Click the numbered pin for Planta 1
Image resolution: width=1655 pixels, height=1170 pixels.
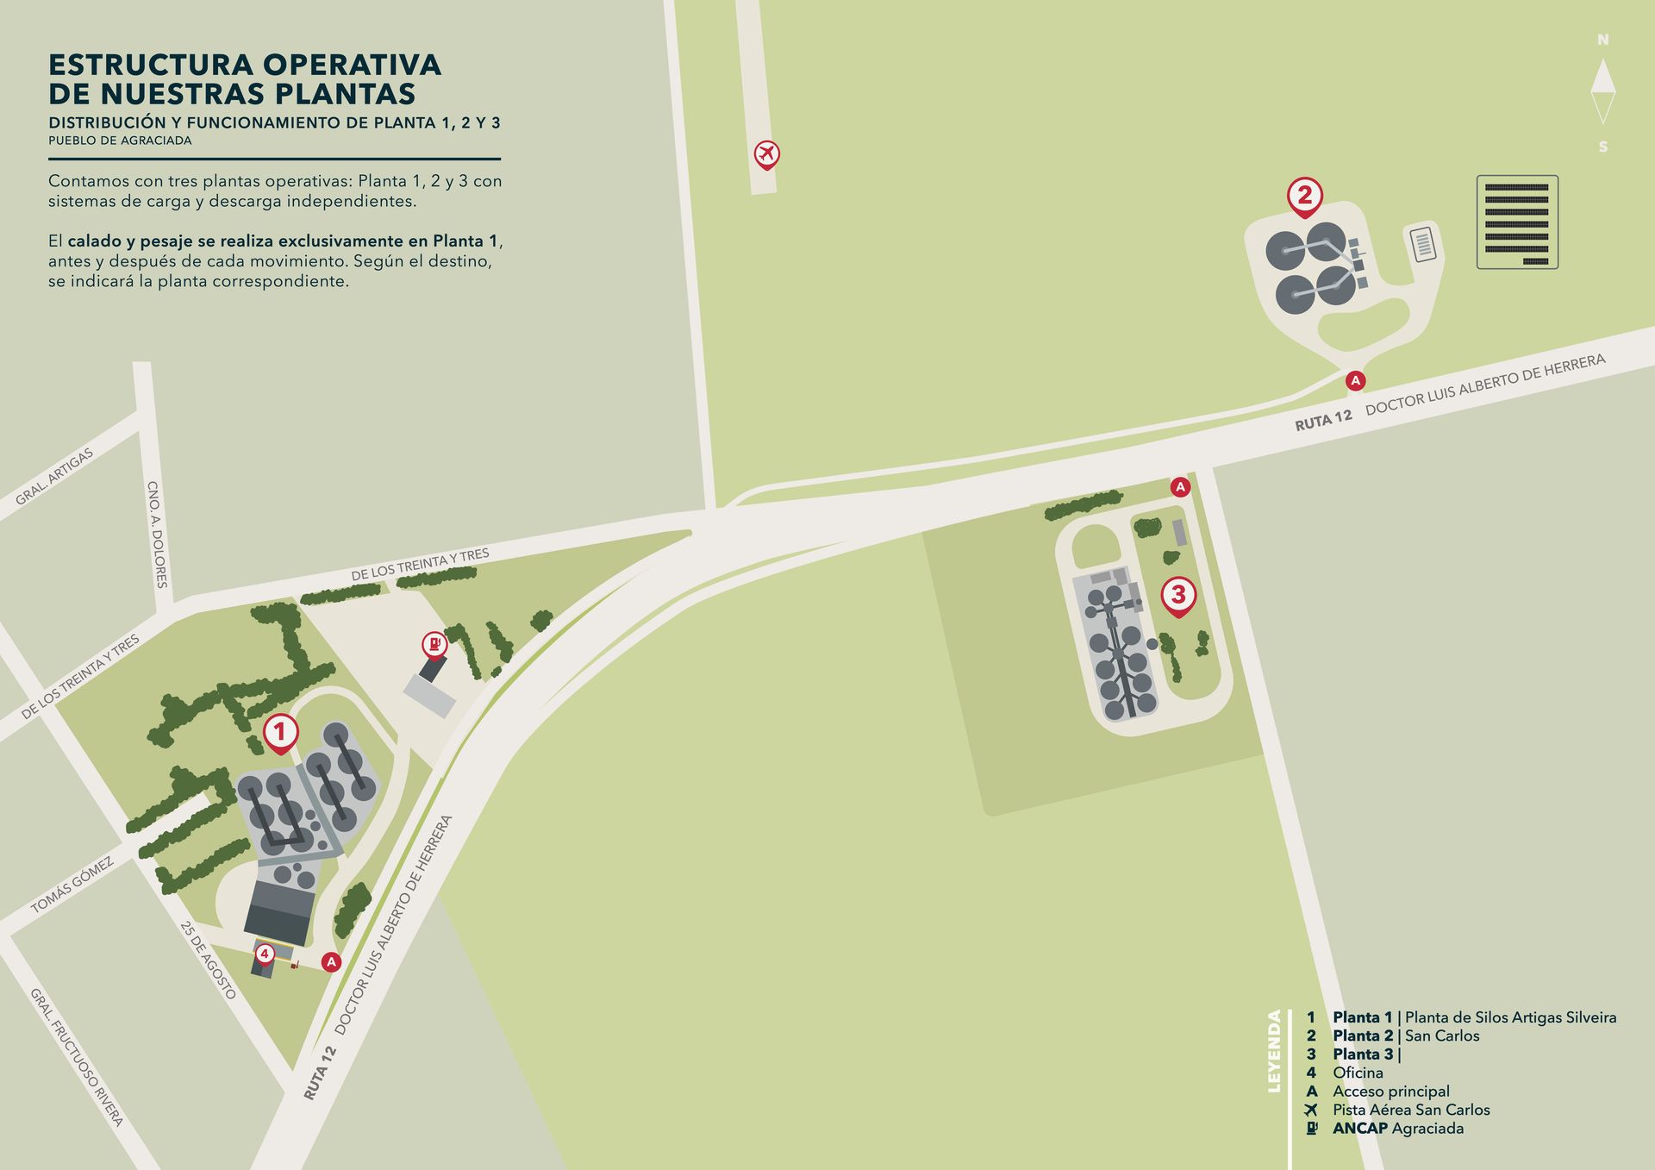pyautogui.click(x=279, y=733)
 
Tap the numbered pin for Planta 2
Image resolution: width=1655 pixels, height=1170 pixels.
pyautogui.click(x=1304, y=196)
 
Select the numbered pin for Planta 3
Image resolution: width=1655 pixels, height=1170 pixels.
pyautogui.click(x=1178, y=595)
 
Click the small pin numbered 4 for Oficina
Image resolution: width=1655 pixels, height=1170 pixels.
pyautogui.click(x=265, y=954)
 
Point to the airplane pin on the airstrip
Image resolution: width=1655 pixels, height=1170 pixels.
pyautogui.click(x=766, y=154)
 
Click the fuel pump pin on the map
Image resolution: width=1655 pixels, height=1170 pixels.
pyautogui.click(x=434, y=643)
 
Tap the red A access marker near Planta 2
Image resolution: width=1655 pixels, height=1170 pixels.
pyautogui.click(x=1355, y=380)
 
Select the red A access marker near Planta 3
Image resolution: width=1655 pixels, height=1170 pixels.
pyautogui.click(x=1180, y=487)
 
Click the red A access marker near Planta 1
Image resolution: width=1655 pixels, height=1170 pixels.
pyautogui.click(x=331, y=962)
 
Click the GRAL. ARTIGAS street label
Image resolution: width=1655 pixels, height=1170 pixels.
pyautogui.click(x=54, y=477)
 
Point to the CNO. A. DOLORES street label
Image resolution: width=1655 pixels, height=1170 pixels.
pyautogui.click(x=158, y=535)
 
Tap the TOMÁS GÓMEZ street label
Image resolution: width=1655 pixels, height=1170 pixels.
pyautogui.click(x=72, y=885)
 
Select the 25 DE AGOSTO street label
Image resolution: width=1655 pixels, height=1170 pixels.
pyautogui.click(x=208, y=960)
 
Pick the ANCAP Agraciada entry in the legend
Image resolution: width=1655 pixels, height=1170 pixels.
pyautogui.click(x=1397, y=1128)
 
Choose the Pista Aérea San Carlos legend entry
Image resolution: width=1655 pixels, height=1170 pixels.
pyautogui.click(x=1410, y=1110)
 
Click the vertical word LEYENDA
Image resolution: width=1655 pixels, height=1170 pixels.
pyautogui.click(x=1275, y=1051)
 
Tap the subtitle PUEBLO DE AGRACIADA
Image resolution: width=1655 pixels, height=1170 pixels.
pyautogui.click(x=120, y=141)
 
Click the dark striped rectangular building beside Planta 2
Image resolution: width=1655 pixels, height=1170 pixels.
pyautogui.click(x=1517, y=222)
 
